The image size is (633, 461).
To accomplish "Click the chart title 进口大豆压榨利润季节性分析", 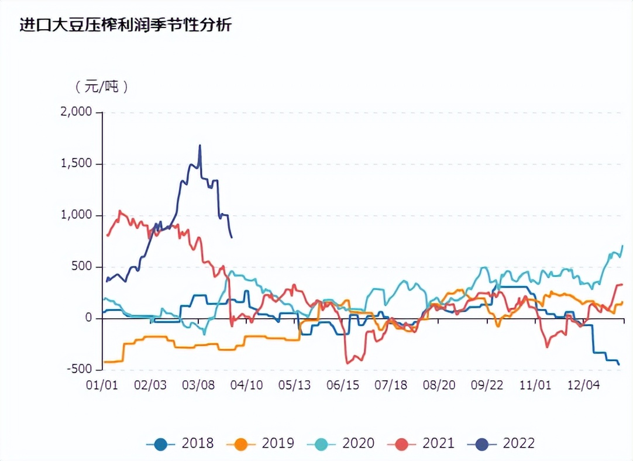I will [x=126, y=25].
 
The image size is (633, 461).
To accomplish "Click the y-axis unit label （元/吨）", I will [x=101, y=87].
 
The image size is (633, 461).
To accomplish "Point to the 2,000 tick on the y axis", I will [x=77, y=112].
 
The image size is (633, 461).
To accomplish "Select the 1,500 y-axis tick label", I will [x=77, y=164].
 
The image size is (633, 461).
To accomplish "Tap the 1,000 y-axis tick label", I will [x=77, y=215].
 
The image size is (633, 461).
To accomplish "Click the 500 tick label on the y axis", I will [x=82, y=267].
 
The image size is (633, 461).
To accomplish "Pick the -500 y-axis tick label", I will [x=80, y=370].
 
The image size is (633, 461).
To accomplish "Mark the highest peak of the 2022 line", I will [x=199, y=146].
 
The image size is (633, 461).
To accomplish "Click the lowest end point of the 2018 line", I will [x=619, y=364].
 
